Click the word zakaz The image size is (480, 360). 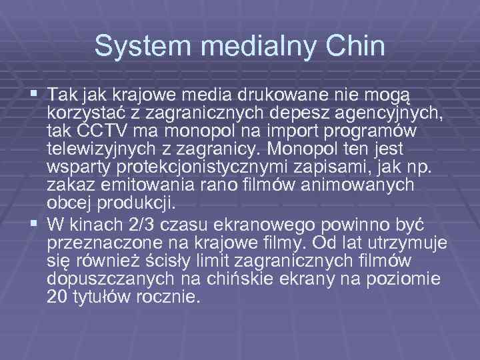point(70,184)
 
